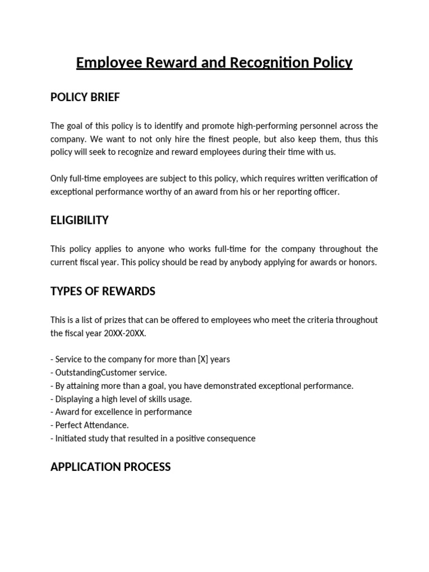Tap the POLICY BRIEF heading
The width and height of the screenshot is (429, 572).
coord(85,97)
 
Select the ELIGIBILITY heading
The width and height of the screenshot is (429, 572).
coord(79,220)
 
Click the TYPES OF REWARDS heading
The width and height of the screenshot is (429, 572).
coord(103,291)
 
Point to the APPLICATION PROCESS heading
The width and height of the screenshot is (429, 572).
coord(111,466)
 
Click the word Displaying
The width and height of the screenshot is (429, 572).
coord(75,399)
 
